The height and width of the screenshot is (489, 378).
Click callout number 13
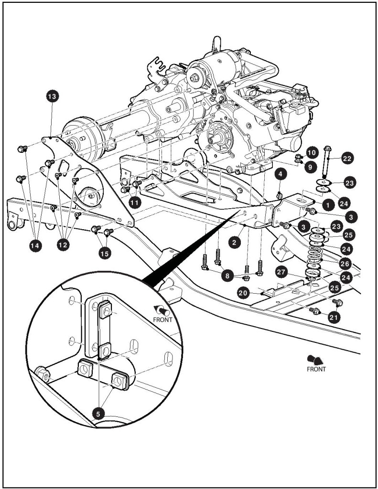51,97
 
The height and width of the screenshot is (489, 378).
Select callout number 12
63,244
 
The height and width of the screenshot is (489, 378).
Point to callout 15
104,253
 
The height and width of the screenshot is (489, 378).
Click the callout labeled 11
135,202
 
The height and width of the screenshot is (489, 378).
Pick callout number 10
311,153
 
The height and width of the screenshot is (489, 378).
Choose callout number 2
234,243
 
